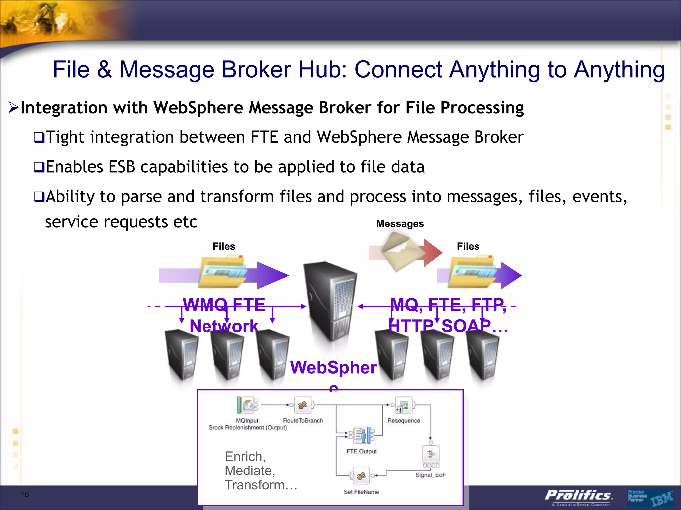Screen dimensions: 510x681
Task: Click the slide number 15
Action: pyautogui.click(x=25, y=494)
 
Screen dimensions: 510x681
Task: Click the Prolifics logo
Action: pyautogui.click(x=578, y=496)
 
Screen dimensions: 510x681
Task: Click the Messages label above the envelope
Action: pyautogui.click(x=400, y=224)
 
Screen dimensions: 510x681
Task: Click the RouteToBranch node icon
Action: pyautogui.click(x=303, y=405)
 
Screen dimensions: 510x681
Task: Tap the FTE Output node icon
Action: pyautogui.click(x=362, y=435)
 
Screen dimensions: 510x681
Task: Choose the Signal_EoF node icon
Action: pyautogui.click(x=431, y=454)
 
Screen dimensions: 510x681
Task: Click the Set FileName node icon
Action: pyautogui.click(x=361, y=476)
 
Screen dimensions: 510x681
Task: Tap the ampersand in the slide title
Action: pyautogui.click(x=104, y=70)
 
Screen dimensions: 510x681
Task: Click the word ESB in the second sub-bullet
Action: pyautogui.click(x=122, y=167)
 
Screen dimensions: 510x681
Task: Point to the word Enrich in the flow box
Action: pyautogui.click(x=245, y=457)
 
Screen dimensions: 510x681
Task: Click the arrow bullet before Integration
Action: pyautogui.click(x=14, y=107)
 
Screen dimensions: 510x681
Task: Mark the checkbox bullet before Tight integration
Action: pyautogui.click(x=39, y=137)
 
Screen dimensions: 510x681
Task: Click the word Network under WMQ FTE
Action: pyautogui.click(x=224, y=326)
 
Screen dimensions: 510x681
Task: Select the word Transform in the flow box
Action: pyautogui.click(x=254, y=485)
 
